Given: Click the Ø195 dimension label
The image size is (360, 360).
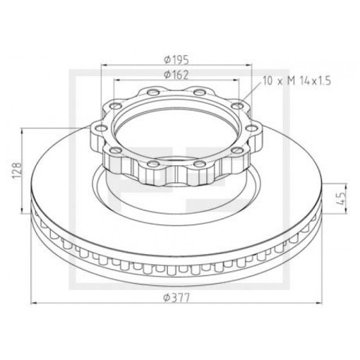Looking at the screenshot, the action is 176,60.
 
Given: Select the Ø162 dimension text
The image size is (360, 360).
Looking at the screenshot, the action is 176,75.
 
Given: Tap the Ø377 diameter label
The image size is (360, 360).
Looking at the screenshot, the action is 176,298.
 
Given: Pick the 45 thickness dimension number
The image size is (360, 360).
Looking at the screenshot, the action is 341,198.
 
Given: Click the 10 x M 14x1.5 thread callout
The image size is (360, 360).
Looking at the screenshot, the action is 297,81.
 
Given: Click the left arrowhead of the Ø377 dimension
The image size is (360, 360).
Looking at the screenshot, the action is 35,304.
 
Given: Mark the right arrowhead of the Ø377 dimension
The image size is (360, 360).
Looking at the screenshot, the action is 318,304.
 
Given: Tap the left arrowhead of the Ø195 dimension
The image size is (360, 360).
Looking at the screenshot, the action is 104,65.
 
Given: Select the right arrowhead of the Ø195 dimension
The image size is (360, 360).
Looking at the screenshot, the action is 248,65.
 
